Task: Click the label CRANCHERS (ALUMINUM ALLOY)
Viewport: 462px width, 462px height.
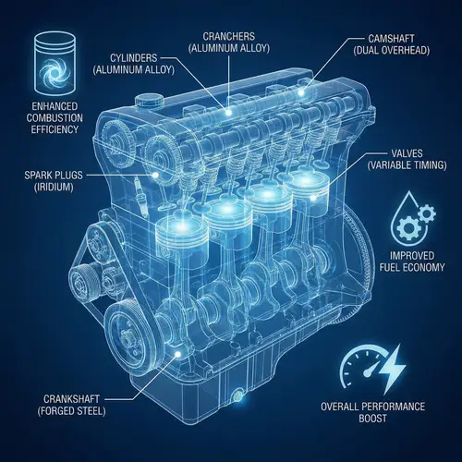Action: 229,43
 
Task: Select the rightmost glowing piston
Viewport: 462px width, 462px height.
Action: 303,194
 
